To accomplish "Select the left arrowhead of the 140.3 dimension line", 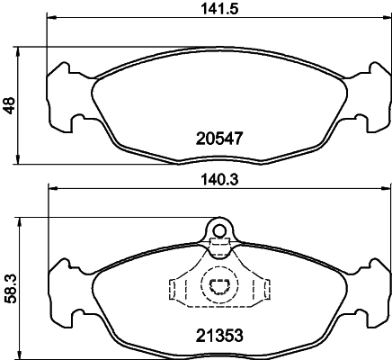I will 51,188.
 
